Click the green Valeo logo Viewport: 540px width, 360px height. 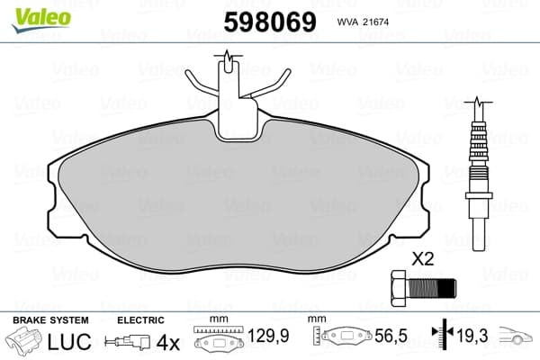(x=41, y=19)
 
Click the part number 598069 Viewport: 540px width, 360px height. (x=270, y=22)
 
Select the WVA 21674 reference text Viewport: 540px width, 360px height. (x=363, y=22)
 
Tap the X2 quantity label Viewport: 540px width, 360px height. (x=423, y=258)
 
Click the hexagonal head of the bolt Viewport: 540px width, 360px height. (x=400, y=288)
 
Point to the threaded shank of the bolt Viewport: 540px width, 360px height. (x=432, y=288)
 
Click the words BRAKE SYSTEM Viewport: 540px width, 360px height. (x=50, y=320)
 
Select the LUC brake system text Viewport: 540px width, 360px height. (x=69, y=341)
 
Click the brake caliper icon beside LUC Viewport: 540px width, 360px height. (x=24, y=340)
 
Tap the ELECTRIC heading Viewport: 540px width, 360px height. (x=140, y=320)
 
